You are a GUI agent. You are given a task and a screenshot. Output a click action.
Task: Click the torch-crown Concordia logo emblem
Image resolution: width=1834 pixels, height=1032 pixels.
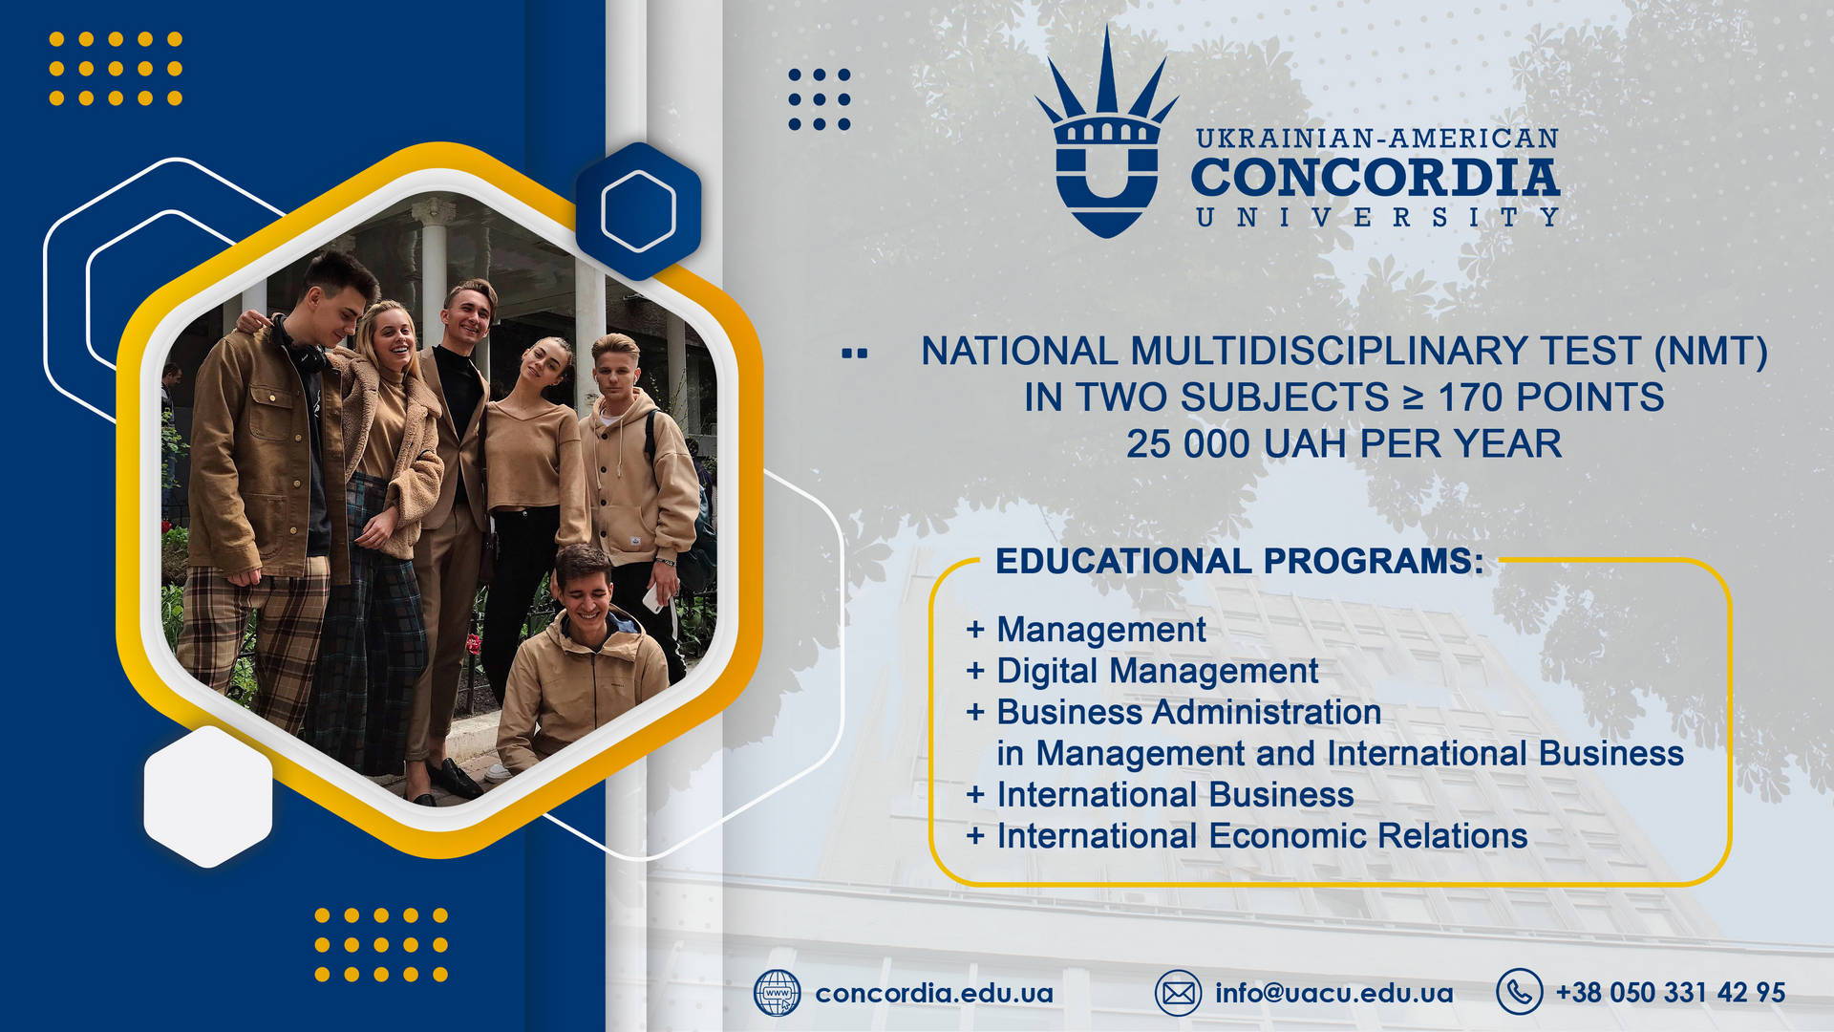(1106, 134)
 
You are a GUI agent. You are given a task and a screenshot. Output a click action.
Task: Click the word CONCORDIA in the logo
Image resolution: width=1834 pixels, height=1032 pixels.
(1375, 178)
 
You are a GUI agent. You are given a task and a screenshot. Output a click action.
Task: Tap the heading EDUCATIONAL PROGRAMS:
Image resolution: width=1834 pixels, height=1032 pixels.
(1240, 561)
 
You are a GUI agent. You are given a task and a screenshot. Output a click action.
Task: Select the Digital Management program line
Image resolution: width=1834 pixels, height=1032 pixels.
(1157, 671)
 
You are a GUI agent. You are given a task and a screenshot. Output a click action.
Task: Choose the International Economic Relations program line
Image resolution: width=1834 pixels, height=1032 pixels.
(1262, 836)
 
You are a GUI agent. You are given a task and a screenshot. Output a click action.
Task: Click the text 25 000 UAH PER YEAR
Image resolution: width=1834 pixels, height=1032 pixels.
(1344, 443)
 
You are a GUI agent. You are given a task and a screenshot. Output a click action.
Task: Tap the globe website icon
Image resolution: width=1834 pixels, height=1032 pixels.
(778, 993)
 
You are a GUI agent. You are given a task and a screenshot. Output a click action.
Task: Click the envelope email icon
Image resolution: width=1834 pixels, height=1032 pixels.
(1178, 993)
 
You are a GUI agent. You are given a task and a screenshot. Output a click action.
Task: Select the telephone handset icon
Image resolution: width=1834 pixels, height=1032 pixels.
(1519, 992)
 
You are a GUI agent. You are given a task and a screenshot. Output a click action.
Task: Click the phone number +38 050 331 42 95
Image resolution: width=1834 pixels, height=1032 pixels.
(1671, 993)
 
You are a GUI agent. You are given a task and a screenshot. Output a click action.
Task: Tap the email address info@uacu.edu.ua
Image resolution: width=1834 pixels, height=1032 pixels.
(1334, 993)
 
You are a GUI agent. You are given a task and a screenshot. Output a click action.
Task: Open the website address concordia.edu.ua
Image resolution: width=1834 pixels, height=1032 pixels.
(934, 994)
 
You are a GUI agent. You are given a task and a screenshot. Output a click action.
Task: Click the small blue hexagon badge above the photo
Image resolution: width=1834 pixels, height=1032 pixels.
(638, 210)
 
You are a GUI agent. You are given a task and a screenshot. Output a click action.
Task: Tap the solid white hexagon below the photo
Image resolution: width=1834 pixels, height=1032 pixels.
(208, 796)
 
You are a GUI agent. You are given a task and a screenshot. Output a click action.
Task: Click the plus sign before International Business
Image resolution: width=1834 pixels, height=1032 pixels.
(975, 794)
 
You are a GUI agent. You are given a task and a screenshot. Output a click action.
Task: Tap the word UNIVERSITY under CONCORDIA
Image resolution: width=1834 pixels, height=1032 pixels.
(1377, 218)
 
